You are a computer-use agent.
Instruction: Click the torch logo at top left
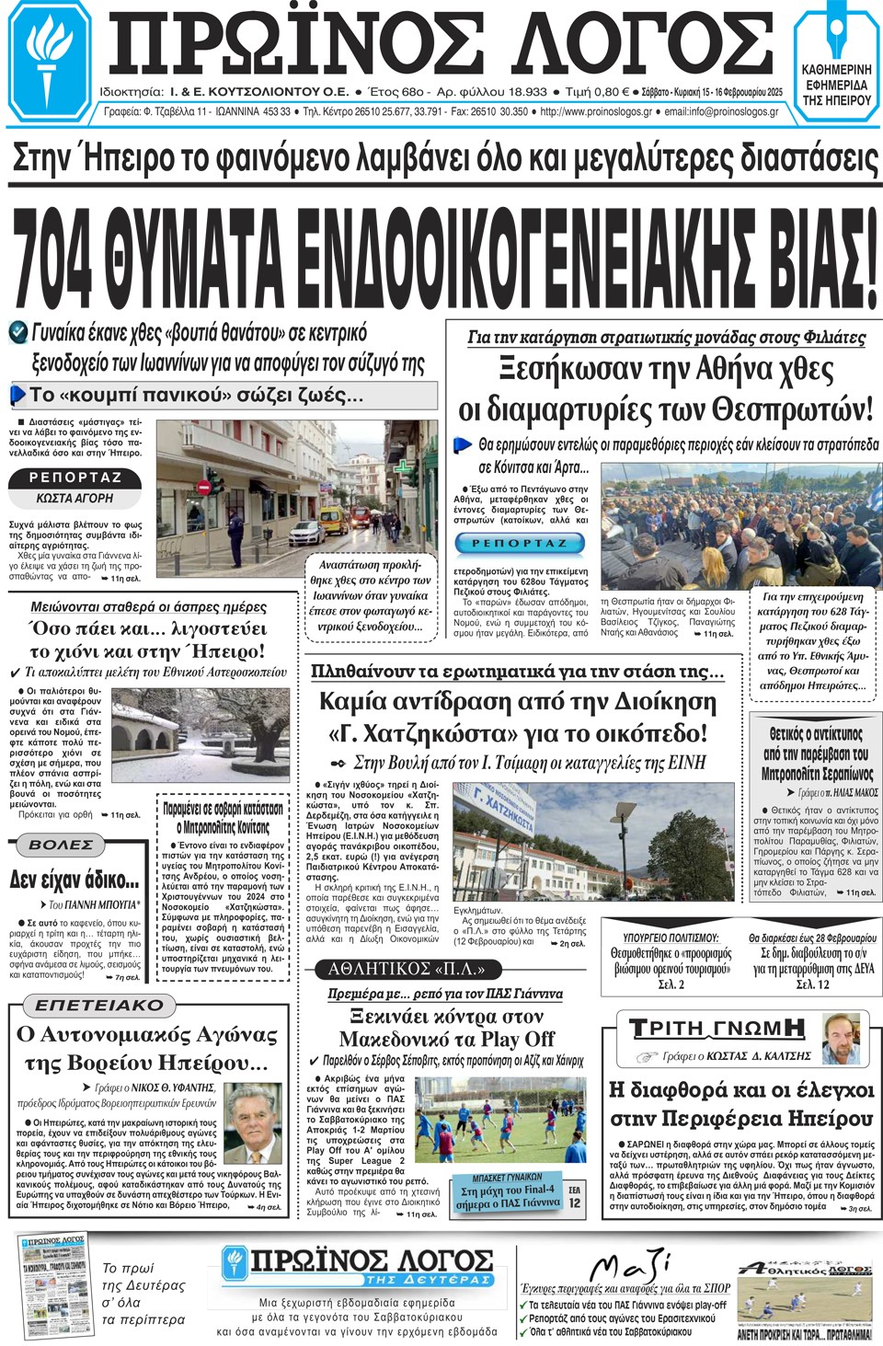[48, 58]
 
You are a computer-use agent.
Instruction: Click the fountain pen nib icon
[836, 31]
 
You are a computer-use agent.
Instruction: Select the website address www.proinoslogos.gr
[596, 112]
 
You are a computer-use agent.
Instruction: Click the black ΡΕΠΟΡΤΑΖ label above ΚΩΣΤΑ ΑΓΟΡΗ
[75, 477]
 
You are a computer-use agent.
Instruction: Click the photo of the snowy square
[170, 735]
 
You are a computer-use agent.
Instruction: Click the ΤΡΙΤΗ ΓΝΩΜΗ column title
[717, 1028]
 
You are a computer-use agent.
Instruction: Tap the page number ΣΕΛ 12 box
[575, 1197]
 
